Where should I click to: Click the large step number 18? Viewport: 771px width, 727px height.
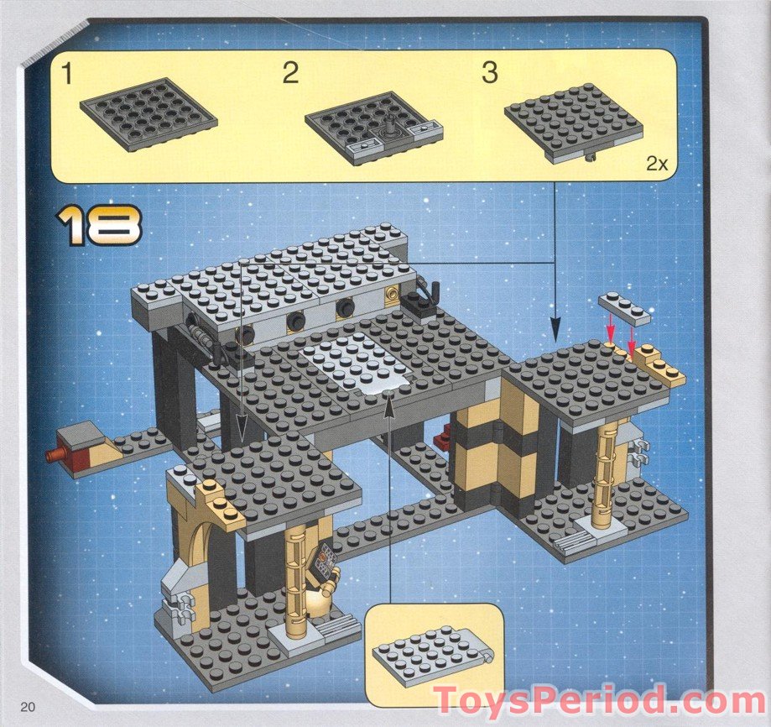[99, 225]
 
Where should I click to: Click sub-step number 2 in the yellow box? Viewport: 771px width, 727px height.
[289, 73]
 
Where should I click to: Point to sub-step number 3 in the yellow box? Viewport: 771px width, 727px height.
[489, 73]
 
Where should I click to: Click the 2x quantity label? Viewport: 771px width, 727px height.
[656, 164]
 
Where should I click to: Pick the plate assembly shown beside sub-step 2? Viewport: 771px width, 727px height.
[373, 127]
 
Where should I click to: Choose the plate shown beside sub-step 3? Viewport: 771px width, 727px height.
[573, 121]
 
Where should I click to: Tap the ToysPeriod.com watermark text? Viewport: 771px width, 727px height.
[599, 700]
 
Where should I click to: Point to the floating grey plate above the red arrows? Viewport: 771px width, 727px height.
[624, 308]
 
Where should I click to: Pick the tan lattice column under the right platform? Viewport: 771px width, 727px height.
[605, 474]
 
